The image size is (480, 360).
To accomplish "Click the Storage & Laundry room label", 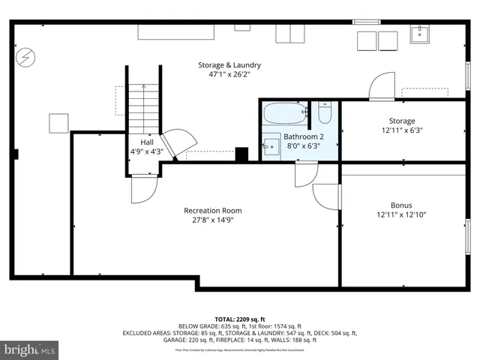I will (x=229, y=64).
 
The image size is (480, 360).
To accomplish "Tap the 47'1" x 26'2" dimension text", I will (x=229, y=75).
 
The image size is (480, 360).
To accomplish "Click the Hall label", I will (x=147, y=141).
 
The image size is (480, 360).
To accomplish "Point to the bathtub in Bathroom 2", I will (x=285, y=115).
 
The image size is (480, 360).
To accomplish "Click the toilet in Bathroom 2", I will (x=325, y=113).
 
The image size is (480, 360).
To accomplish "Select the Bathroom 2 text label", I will (x=304, y=136).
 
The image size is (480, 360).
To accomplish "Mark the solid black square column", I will (x=241, y=154).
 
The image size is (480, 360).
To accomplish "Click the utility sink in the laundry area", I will (x=419, y=34).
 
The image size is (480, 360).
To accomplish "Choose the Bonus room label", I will (x=400, y=205).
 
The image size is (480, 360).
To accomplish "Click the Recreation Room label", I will (x=212, y=211).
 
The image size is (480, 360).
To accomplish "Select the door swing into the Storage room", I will (x=382, y=85).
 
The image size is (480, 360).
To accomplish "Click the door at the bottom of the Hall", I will (x=144, y=189).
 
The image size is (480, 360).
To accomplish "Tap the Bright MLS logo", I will (x=30, y=349).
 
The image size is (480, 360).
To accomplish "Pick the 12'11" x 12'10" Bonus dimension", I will (x=401, y=215).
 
